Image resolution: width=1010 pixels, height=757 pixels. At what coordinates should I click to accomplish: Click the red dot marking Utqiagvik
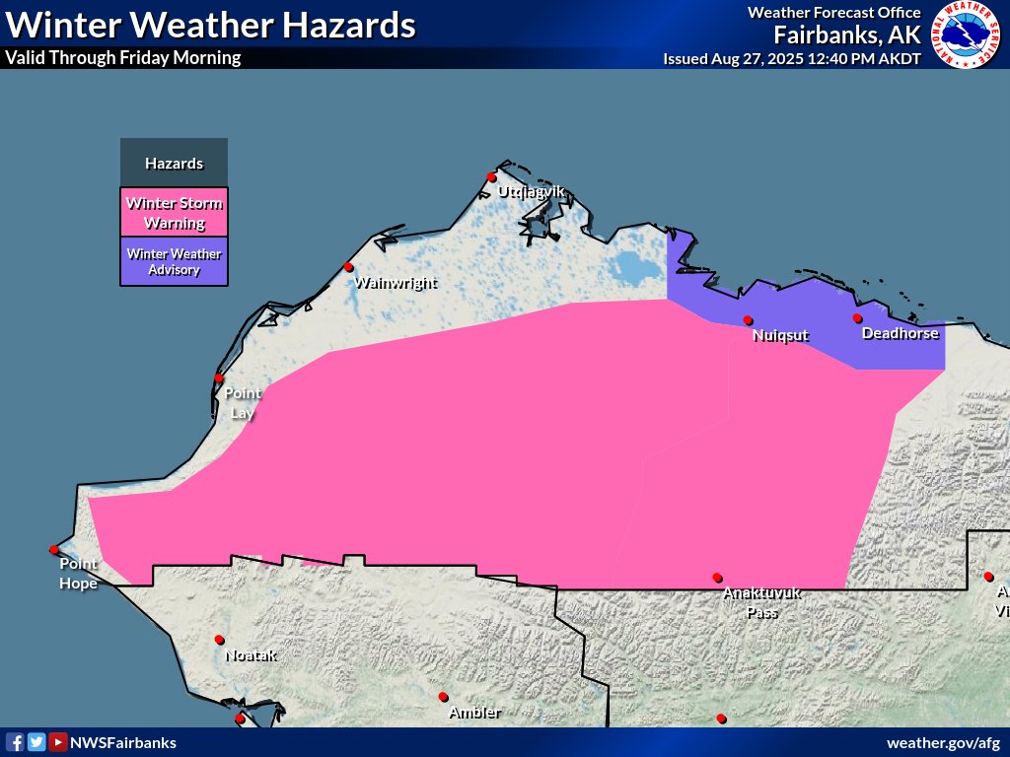click(491, 177)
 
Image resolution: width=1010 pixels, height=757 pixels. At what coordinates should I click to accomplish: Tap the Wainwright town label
click(395, 283)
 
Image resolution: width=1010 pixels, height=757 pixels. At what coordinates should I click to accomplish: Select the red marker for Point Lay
click(219, 378)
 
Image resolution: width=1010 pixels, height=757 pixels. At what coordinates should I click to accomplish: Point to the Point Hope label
click(78, 573)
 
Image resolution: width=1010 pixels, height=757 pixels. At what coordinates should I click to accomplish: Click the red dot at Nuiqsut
click(748, 319)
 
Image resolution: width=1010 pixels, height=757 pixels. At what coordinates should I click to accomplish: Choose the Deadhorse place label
click(901, 333)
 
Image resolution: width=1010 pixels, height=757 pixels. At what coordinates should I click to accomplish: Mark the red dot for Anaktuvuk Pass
click(717, 578)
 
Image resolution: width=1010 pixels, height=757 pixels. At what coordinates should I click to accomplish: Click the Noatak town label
click(251, 654)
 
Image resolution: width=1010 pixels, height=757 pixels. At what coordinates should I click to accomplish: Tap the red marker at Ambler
click(443, 697)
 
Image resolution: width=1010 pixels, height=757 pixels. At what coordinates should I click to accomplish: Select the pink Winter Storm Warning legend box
click(174, 212)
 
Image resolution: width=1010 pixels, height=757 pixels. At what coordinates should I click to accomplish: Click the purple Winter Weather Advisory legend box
click(174, 261)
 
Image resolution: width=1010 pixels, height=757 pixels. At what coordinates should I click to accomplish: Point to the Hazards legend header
click(174, 163)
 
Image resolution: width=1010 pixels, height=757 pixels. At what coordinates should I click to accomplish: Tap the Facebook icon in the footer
click(15, 742)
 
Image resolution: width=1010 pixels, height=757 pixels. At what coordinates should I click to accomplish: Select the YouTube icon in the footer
click(58, 742)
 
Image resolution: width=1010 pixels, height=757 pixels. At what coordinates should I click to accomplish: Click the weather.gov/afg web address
click(944, 742)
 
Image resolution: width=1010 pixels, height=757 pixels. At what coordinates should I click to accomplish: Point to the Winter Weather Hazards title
click(210, 24)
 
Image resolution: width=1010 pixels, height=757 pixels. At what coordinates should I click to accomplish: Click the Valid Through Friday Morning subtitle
click(123, 57)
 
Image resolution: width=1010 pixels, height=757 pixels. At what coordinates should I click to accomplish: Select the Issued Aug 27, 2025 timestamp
click(792, 58)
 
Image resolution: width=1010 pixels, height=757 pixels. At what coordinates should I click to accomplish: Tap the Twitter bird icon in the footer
click(36, 742)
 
